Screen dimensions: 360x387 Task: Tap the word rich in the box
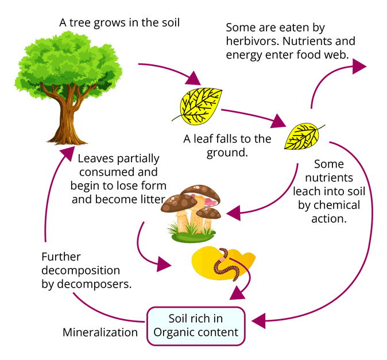tap(203, 319)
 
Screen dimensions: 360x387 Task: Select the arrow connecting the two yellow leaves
tap(253, 115)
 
